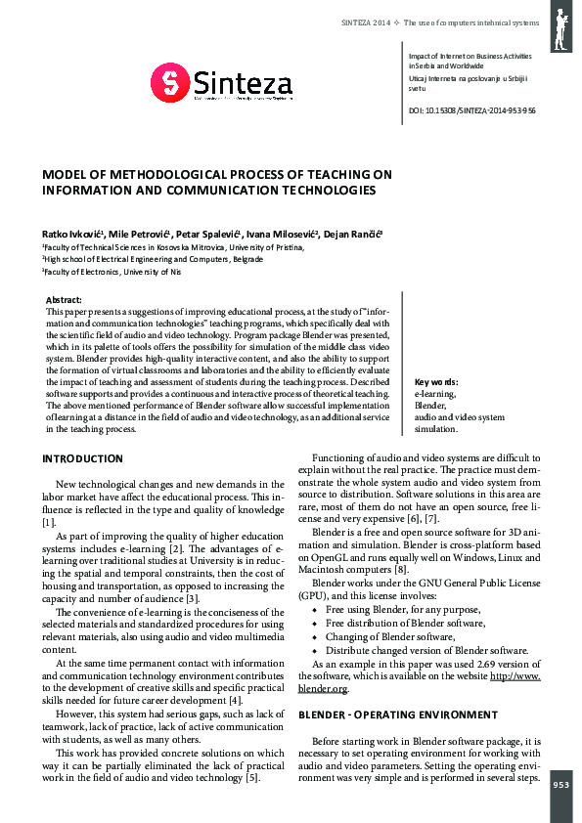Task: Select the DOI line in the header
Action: (471, 110)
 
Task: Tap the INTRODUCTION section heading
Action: (82, 458)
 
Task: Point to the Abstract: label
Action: (65, 299)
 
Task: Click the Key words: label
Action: (436, 382)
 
